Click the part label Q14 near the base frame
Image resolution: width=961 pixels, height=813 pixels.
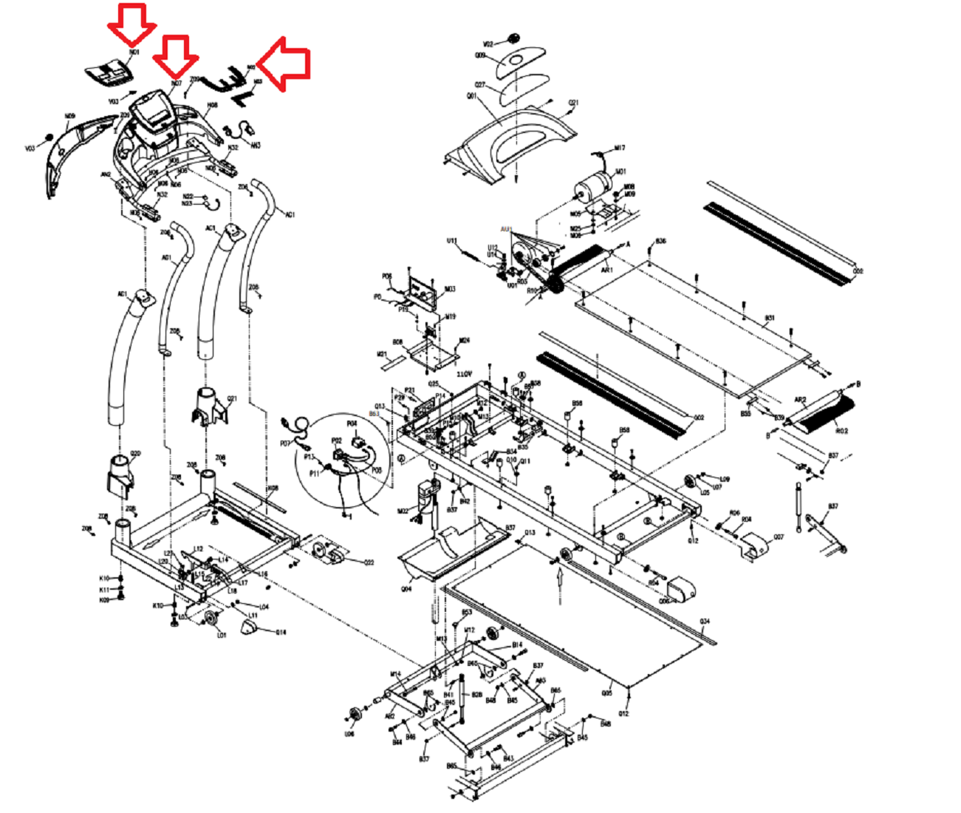tap(281, 632)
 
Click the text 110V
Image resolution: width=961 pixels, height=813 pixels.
tap(464, 374)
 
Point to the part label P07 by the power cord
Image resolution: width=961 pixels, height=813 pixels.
tap(286, 443)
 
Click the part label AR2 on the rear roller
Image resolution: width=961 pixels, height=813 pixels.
tap(800, 400)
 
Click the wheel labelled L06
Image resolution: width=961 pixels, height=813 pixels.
tap(354, 715)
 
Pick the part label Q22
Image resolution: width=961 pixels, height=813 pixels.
tap(369, 562)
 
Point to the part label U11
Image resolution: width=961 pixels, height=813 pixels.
tap(452, 241)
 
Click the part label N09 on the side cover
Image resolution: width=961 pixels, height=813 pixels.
tap(70, 115)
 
